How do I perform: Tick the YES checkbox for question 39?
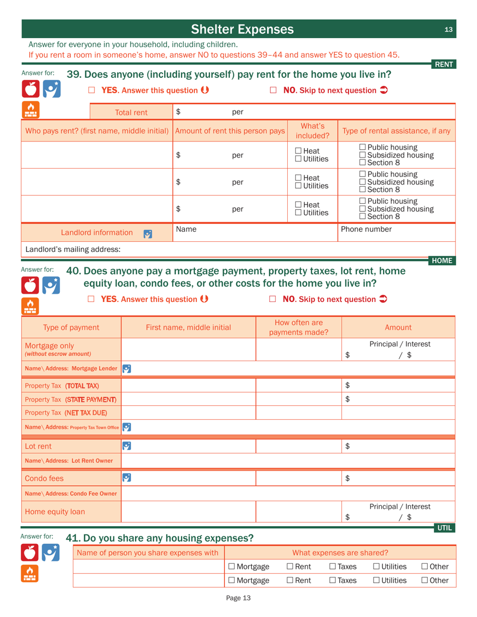pos(91,90)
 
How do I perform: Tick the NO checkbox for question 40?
pos(273,299)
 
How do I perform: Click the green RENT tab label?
pos(444,64)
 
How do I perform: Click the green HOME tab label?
pos(442,260)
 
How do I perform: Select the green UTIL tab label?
pos(444,528)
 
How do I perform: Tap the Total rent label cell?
pos(132,112)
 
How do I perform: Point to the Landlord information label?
pos(97,233)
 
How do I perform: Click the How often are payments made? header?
pos(299,327)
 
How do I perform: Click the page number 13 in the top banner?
pos(448,30)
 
